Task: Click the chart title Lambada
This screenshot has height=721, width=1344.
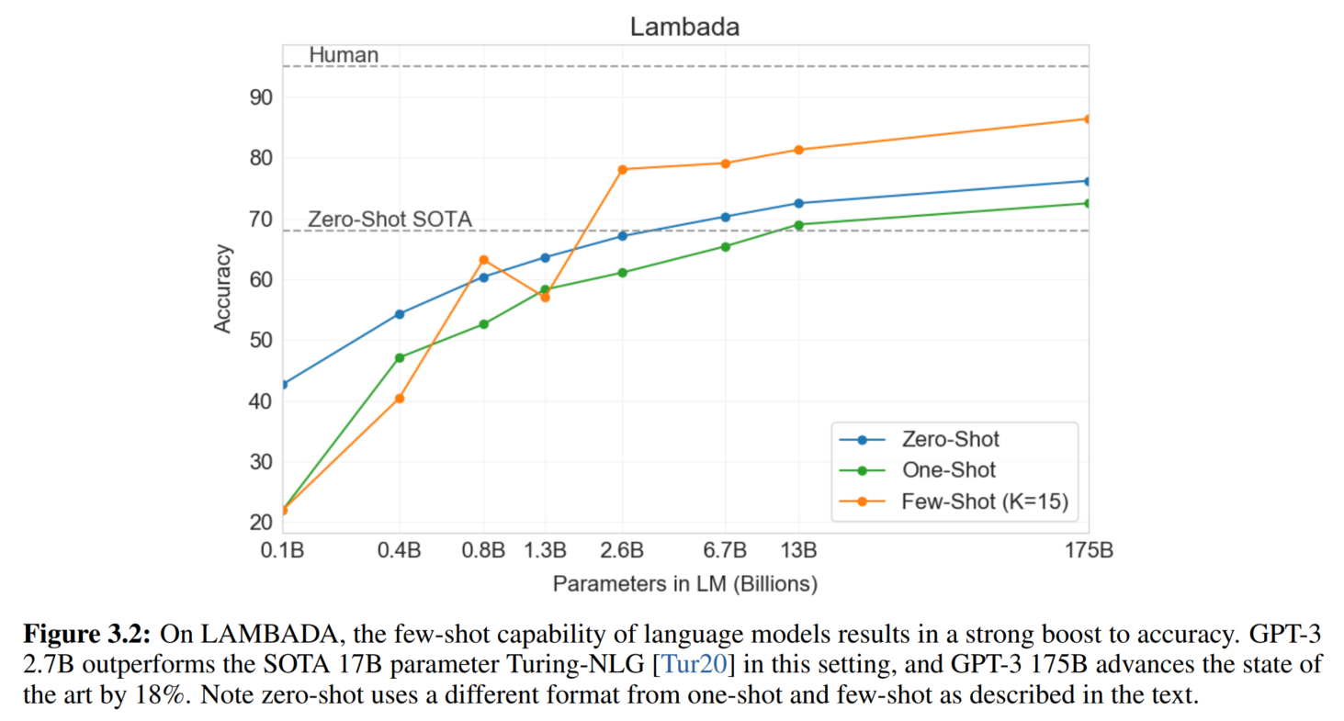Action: pos(684,28)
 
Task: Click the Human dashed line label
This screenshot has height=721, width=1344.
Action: pos(344,55)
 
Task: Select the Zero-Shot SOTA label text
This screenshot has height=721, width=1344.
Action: pos(390,220)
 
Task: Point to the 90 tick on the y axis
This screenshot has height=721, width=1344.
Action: pos(261,97)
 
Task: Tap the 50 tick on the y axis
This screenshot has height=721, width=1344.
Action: pos(261,341)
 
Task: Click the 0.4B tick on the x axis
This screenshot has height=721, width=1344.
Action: pos(400,551)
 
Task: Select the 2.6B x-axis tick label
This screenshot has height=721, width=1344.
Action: pos(623,551)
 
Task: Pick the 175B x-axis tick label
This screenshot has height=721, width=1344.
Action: pos(1088,551)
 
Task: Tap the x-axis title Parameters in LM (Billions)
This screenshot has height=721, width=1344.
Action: pos(684,583)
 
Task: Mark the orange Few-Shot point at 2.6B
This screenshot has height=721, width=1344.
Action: pos(623,169)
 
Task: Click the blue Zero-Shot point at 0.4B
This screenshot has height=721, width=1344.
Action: pos(400,314)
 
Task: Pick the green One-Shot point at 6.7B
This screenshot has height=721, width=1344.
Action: pos(726,246)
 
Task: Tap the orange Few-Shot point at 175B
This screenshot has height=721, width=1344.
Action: pos(1088,118)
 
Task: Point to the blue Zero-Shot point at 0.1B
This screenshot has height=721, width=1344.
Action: pos(283,384)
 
